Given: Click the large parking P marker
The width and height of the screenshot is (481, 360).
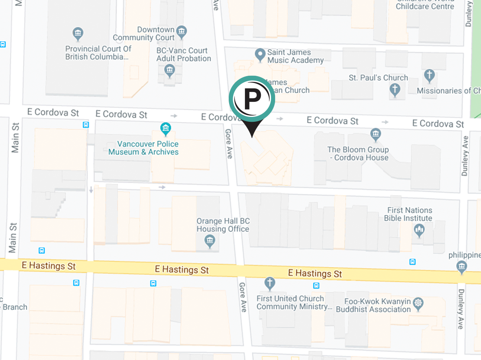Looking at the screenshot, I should pyautogui.click(x=252, y=97).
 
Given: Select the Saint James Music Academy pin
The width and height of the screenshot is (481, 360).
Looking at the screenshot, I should pyautogui.click(x=260, y=54).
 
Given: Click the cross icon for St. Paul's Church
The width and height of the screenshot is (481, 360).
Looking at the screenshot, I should pyautogui.click(x=394, y=89).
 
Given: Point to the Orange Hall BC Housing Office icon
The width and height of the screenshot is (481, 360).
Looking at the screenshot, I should pyautogui.click(x=210, y=241).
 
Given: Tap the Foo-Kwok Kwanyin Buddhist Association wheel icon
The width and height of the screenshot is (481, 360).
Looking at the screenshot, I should pyautogui.click(x=418, y=303).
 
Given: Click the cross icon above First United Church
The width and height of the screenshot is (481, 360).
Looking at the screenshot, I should pyautogui.click(x=269, y=282).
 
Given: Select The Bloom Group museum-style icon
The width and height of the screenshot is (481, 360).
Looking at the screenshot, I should pyautogui.click(x=375, y=134).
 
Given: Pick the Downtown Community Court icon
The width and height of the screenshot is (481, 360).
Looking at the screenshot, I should pyautogui.click(x=181, y=31).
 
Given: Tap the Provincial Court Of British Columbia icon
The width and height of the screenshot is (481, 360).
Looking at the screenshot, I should pyautogui.click(x=77, y=33).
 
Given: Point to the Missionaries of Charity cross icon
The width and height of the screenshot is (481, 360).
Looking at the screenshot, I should pyautogui.click(x=429, y=75).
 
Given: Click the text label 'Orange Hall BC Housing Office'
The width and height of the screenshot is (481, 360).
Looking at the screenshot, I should pyautogui.click(x=223, y=225).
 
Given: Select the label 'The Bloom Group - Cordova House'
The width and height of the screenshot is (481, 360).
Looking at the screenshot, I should pyautogui.click(x=358, y=154).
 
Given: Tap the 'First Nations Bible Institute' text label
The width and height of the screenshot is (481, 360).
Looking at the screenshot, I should pyautogui.click(x=409, y=214).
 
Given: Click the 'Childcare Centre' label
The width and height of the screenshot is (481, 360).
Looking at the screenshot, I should pyautogui.click(x=424, y=6).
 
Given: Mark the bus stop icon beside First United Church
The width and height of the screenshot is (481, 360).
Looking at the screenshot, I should pyautogui.click(x=316, y=285).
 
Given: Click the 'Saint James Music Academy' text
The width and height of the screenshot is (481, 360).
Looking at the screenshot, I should pyautogui.click(x=295, y=56).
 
